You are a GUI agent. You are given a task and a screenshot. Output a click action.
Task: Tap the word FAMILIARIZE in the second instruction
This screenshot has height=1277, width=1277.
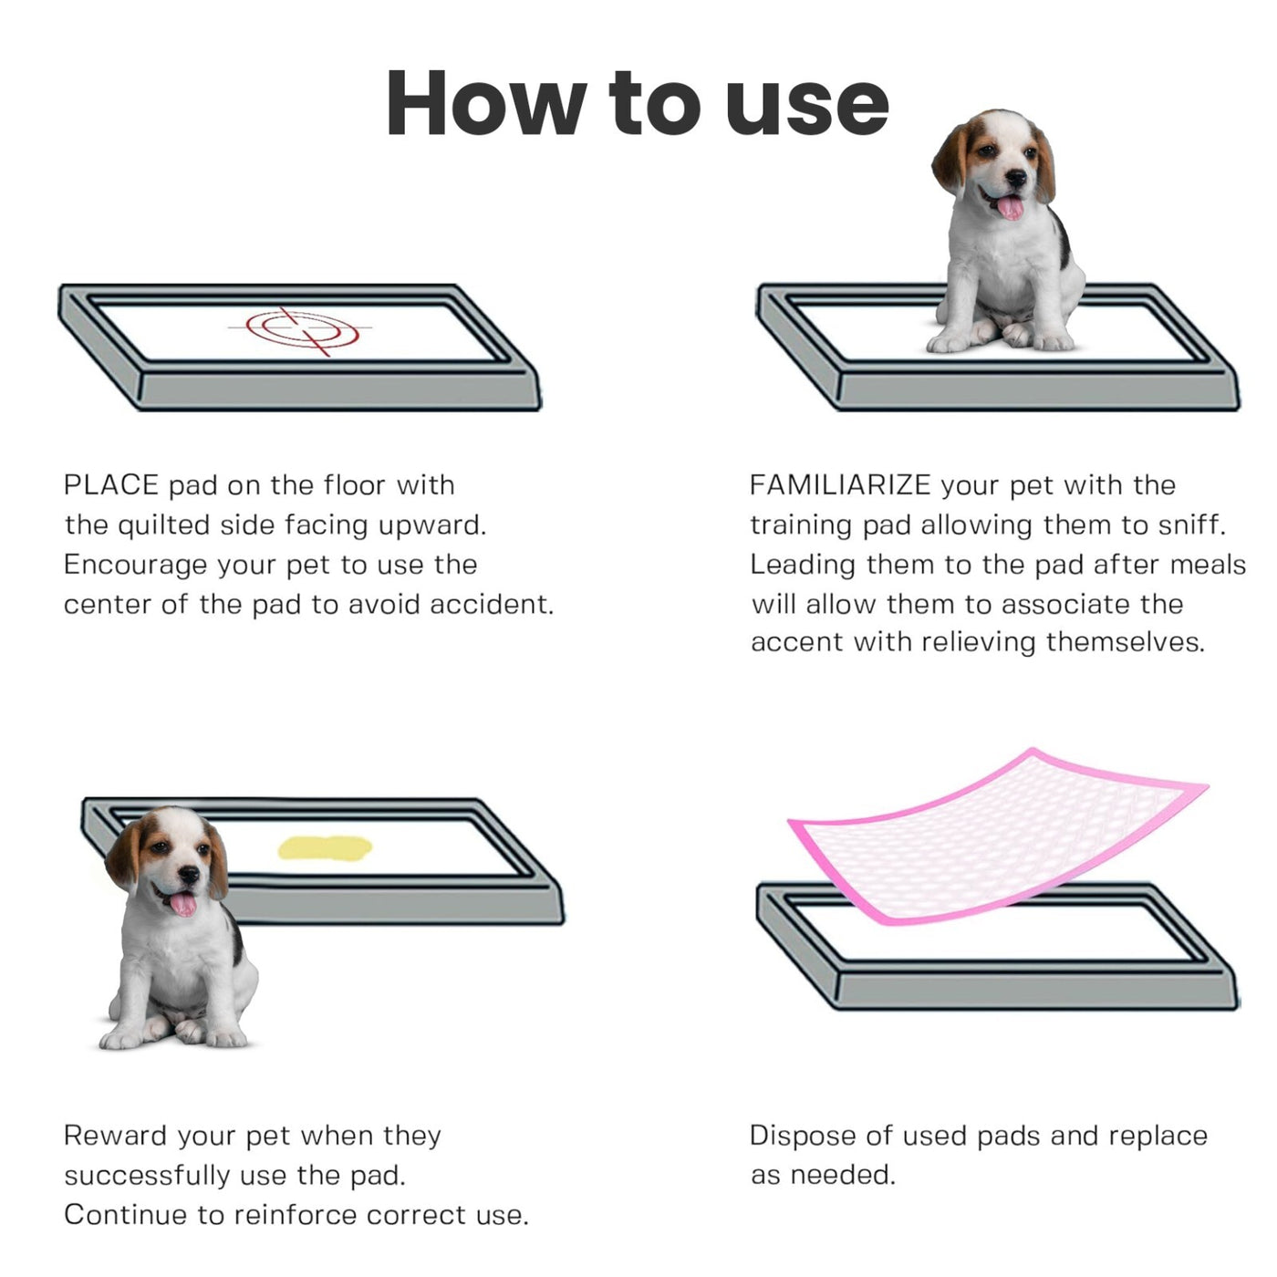pos(839,485)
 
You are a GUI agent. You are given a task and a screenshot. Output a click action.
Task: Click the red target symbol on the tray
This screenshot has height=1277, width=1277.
pos(302,329)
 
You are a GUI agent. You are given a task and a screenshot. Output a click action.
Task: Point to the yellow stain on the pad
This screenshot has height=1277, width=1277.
pos(325,848)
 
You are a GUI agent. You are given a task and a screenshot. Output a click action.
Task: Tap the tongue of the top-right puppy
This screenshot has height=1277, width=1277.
pos(1010,207)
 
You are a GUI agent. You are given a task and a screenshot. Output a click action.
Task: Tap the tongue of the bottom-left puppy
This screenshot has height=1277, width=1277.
pos(183,904)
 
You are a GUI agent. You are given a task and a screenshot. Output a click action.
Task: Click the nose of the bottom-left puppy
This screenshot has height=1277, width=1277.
pos(188,875)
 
